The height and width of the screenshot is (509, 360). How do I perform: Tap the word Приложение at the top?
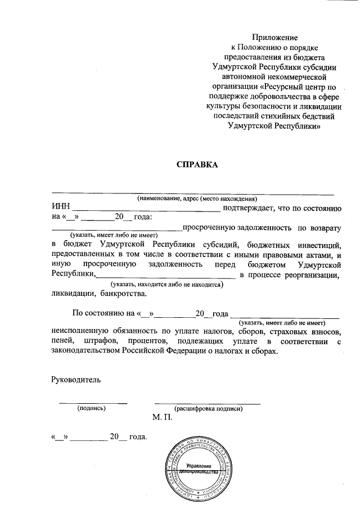[275, 37]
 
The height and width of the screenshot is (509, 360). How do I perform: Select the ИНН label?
[61, 209]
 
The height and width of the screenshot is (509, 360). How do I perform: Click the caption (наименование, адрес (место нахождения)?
[197, 199]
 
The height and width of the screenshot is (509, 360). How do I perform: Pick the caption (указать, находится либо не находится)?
[167, 285]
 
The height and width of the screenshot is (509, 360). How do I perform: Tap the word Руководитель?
[76, 380]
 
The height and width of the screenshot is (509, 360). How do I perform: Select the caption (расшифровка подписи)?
[208, 409]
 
